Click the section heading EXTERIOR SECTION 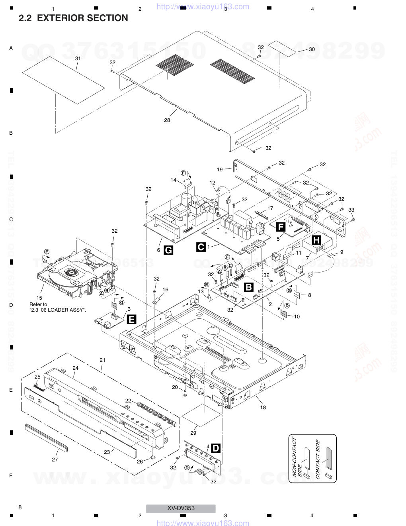(73, 18)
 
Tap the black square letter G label (169, 250)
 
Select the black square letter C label (201, 247)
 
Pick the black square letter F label (281, 227)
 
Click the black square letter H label (316, 240)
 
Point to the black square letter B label (249, 287)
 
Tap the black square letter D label (215, 448)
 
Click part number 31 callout (78, 58)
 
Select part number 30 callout (312, 49)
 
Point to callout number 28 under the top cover (167, 120)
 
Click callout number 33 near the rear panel (351, 210)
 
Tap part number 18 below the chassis (263, 407)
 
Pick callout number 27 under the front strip (55, 459)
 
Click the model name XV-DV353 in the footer (181, 508)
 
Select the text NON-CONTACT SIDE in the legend (297, 457)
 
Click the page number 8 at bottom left (20, 507)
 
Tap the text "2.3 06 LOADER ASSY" (58, 310)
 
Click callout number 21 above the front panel (102, 360)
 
